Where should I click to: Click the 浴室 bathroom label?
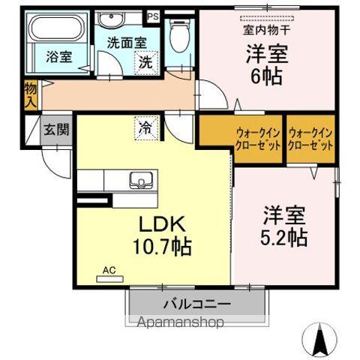[x=58, y=56]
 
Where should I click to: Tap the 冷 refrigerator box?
[x=145, y=128]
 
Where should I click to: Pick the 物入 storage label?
[x=30, y=94]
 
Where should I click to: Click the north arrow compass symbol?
[x=320, y=341]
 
